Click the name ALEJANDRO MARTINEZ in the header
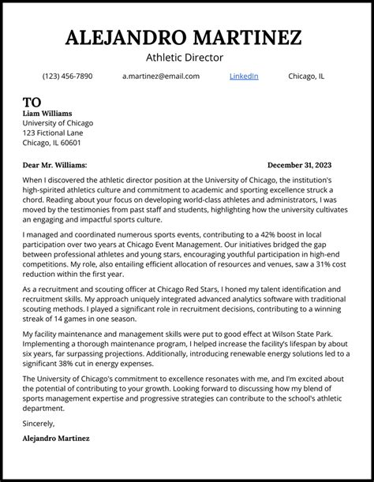point(184,37)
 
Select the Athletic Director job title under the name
point(185,58)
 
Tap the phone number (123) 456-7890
point(67,77)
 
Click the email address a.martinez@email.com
point(161,77)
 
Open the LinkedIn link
point(243,77)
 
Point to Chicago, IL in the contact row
point(306,77)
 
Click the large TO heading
point(32,103)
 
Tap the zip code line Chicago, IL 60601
point(51,143)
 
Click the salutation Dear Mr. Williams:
point(54,166)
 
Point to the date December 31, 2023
point(299,166)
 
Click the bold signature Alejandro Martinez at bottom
point(56,438)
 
